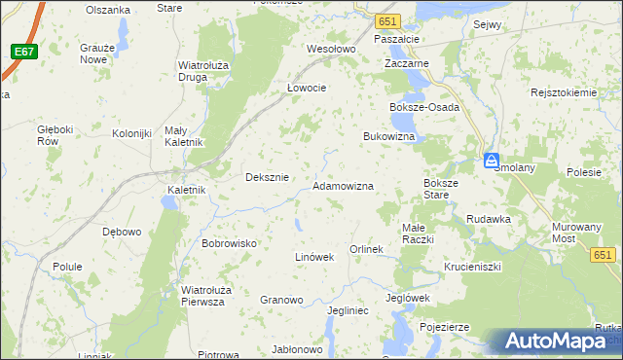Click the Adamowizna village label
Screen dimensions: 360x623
point(343,185)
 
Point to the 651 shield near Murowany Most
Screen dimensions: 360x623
point(604,254)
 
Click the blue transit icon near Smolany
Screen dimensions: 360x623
point(493,161)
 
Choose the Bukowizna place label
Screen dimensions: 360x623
point(389,137)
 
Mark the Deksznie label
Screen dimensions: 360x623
point(267,177)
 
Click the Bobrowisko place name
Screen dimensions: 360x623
point(228,243)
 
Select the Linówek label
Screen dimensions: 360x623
point(314,257)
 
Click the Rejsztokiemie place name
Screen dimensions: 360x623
point(563,92)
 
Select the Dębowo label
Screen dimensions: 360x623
point(122,233)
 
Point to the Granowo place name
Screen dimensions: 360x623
point(281,300)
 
